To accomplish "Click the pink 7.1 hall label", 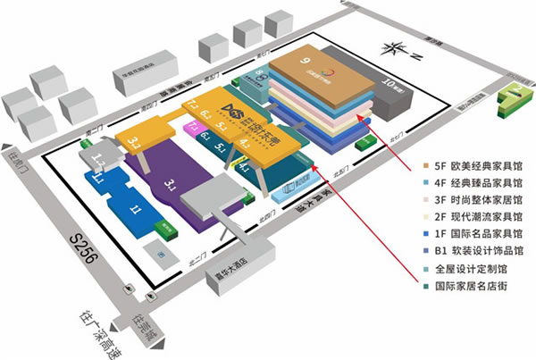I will point(190,127).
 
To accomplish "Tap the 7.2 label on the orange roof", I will point(192,106).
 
